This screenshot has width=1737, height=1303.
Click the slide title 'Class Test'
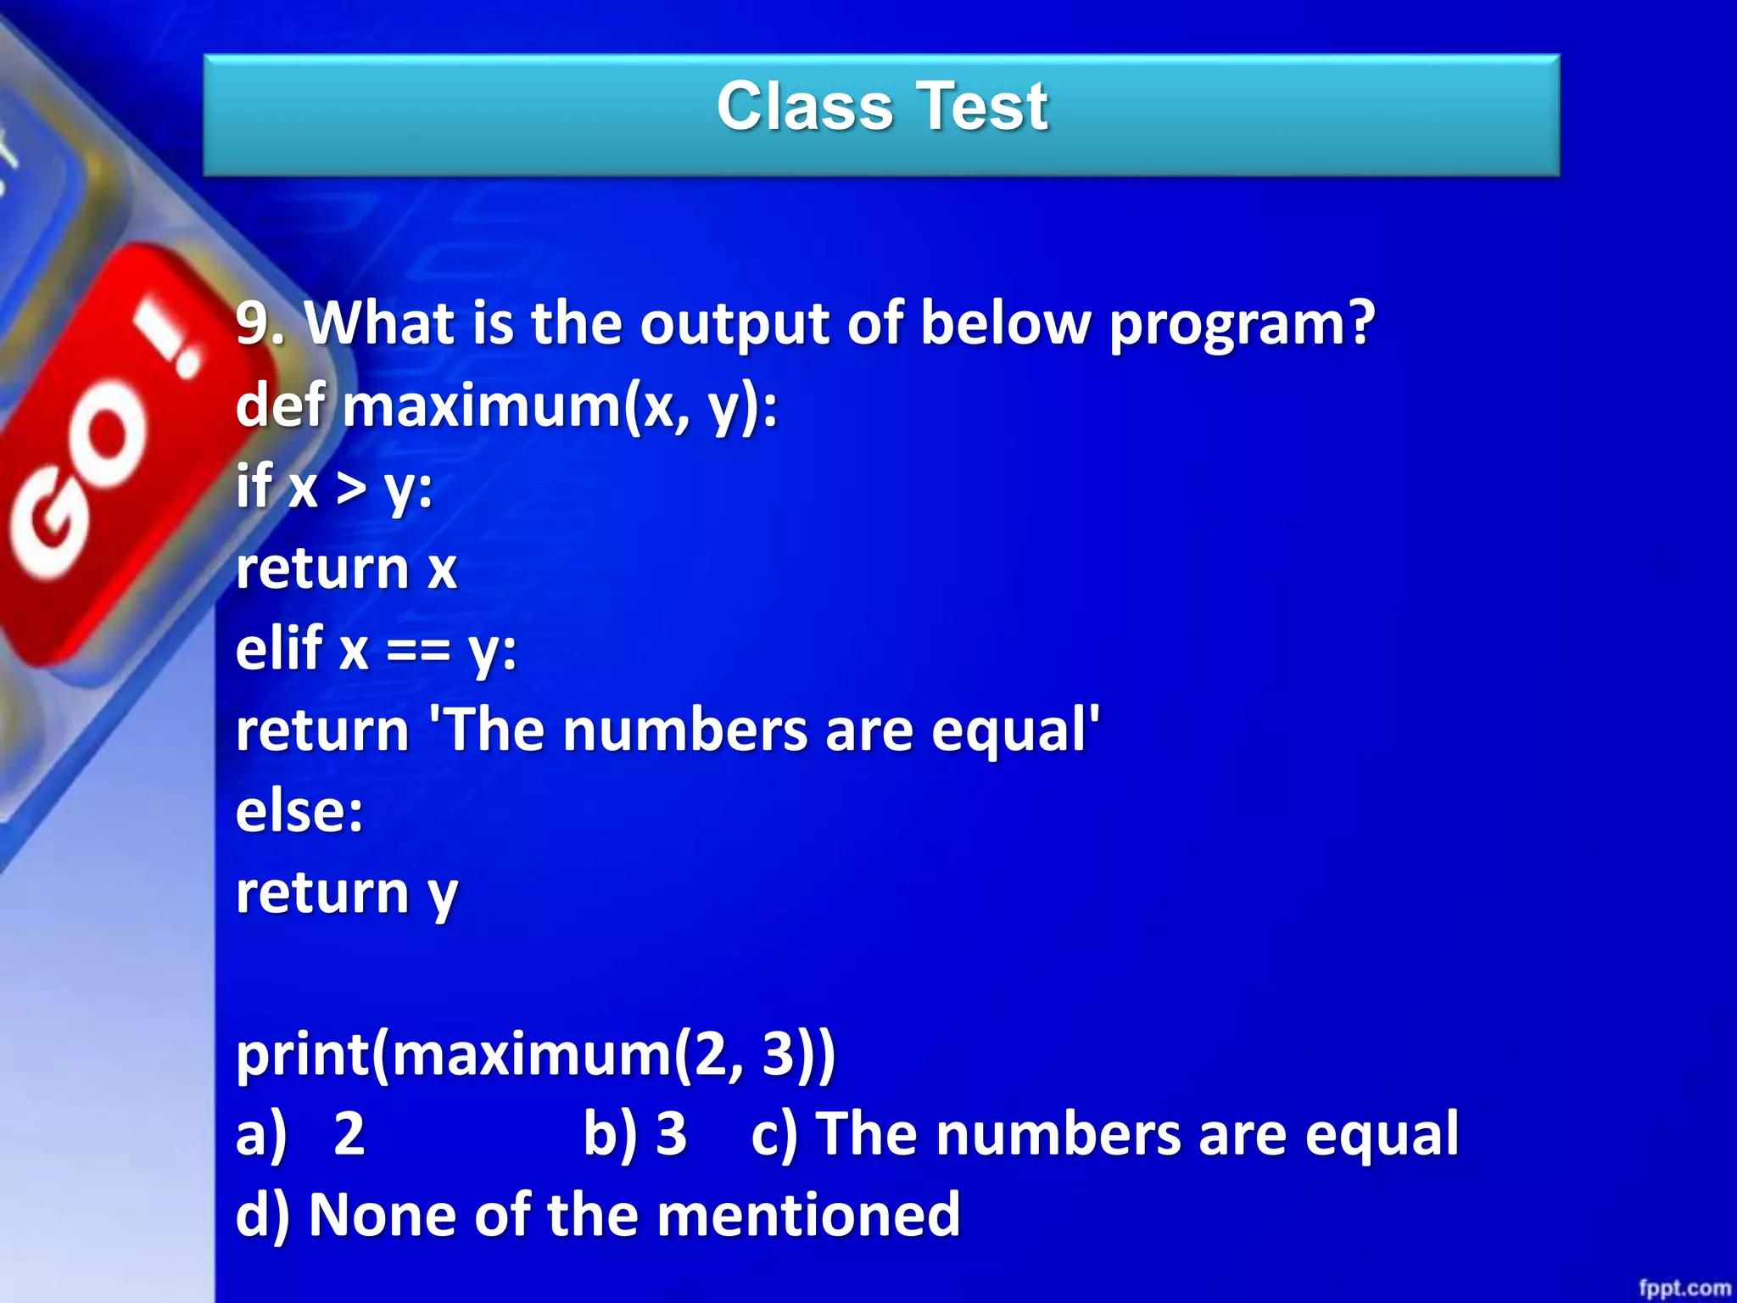[882, 107]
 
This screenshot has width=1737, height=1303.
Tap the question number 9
[257, 323]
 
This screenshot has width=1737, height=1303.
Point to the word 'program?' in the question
[1240, 325]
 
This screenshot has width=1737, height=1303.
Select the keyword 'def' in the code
[280, 405]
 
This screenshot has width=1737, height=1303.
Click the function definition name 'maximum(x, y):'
[560, 406]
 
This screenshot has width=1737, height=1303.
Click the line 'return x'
[346, 568]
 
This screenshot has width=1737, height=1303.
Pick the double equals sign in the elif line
[417, 651]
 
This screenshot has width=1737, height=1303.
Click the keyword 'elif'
[279, 649]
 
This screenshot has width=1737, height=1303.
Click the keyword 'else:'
[299, 811]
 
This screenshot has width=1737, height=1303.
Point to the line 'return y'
[346, 893]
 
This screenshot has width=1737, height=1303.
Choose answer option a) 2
[301, 1134]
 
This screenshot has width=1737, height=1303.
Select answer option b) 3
[634, 1134]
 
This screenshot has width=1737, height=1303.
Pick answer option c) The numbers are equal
[1104, 1134]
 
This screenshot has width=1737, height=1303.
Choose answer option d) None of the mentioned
[598, 1216]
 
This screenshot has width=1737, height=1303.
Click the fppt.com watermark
[1684, 1288]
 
